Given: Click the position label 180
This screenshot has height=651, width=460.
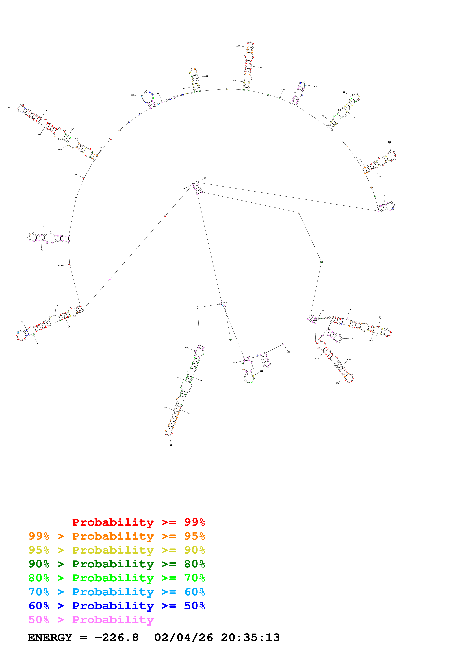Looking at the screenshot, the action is pyautogui.click(x=8, y=108).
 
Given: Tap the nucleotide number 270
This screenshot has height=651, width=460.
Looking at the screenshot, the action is pyautogui.click(x=238, y=46).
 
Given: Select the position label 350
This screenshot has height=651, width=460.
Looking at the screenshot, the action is pyautogui.click(x=389, y=142).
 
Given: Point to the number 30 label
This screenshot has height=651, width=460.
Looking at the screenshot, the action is pyautogui.click(x=171, y=445).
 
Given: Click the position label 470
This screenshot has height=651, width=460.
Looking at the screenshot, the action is pyautogui.click(x=338, y=383).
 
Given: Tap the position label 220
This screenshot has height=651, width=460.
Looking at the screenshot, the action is pyautogui.click(x=132, y=95).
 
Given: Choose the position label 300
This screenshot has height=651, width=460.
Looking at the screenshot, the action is pyautogui.click(x=315, y=86).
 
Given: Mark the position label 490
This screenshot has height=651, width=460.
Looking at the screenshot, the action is pyautogui.click(x=288, y=352).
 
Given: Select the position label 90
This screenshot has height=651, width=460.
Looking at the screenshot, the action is pyautogui.click(x=37, y=343).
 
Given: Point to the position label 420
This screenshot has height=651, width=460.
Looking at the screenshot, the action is pyautogui.click(x=371, y=341).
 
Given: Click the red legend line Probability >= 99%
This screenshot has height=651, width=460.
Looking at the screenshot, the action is pyautogui.click(x=138, y=522).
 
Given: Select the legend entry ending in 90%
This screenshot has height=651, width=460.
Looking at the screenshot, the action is pyautogui.click(x=117, y=550).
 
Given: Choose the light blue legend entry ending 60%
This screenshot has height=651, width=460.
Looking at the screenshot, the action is pyautogui.click(x=117, y=592).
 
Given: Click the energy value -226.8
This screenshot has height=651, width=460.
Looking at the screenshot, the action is pyautogui.click(x=117, y=638).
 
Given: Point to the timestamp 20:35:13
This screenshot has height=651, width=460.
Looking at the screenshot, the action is pyautogui.click(x=250, y=638).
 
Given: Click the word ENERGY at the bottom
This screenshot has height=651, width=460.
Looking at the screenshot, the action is pyautogui.click(x=50, y=638).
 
